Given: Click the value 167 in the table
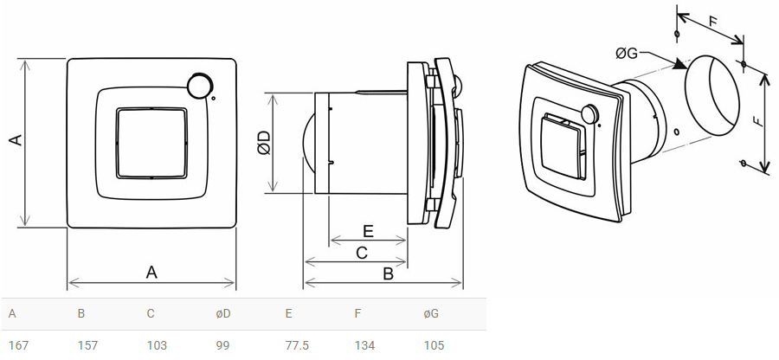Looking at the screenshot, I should click(19, 345).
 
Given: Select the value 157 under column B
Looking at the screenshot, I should click(88, 345).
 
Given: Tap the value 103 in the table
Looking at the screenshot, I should click(157, 345).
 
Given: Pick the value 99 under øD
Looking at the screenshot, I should click(222, 345).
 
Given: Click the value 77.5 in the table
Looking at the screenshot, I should click(298, 345).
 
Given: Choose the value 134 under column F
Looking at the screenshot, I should click(364, 345).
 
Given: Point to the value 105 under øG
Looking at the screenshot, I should click(434, 345).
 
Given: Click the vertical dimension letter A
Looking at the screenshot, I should click(14, 141).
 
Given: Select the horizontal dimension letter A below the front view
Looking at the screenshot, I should click(151, 272).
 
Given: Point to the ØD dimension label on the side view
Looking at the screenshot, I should click(265, 143).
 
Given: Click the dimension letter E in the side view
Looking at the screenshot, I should click(367, 231).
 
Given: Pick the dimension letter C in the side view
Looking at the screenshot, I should click(362, 253).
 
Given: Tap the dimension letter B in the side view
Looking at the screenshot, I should click(388, 273).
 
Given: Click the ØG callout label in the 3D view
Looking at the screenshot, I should click(627, 54).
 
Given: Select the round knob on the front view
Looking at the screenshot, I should click(199, 86).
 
